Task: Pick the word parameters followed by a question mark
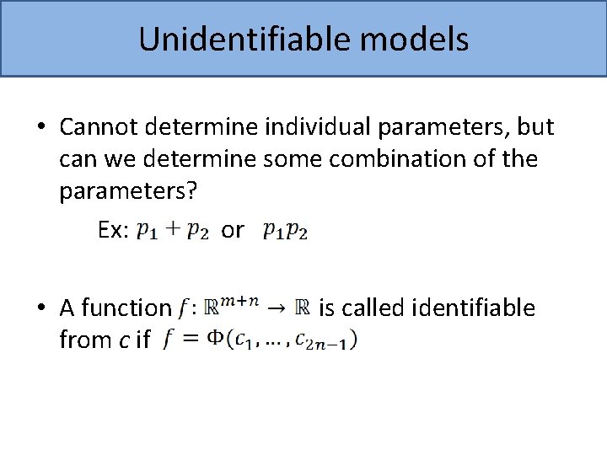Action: [127, 191]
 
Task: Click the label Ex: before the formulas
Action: [114, 230]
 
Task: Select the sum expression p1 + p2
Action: [173, 231]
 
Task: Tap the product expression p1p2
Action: [285, 231]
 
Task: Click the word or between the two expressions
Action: [233, 230]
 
